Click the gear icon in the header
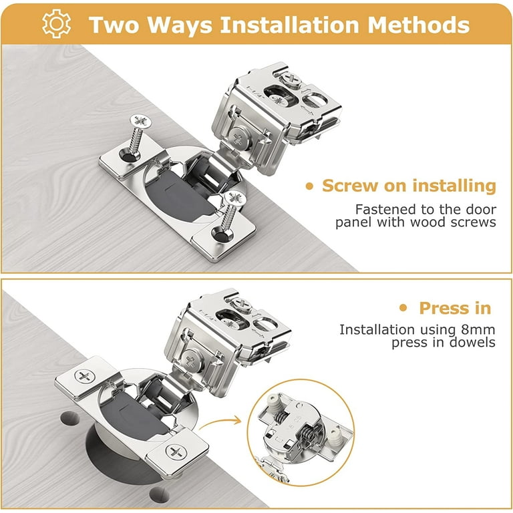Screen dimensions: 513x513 pos(56,24)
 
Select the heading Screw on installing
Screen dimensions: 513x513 pos(409,186)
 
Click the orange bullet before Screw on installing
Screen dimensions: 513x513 pos(309,186)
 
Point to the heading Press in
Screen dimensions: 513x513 pos(454,308)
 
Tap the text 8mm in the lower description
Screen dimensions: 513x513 pos(479,329)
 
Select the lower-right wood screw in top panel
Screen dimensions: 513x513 pos(231,214)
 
